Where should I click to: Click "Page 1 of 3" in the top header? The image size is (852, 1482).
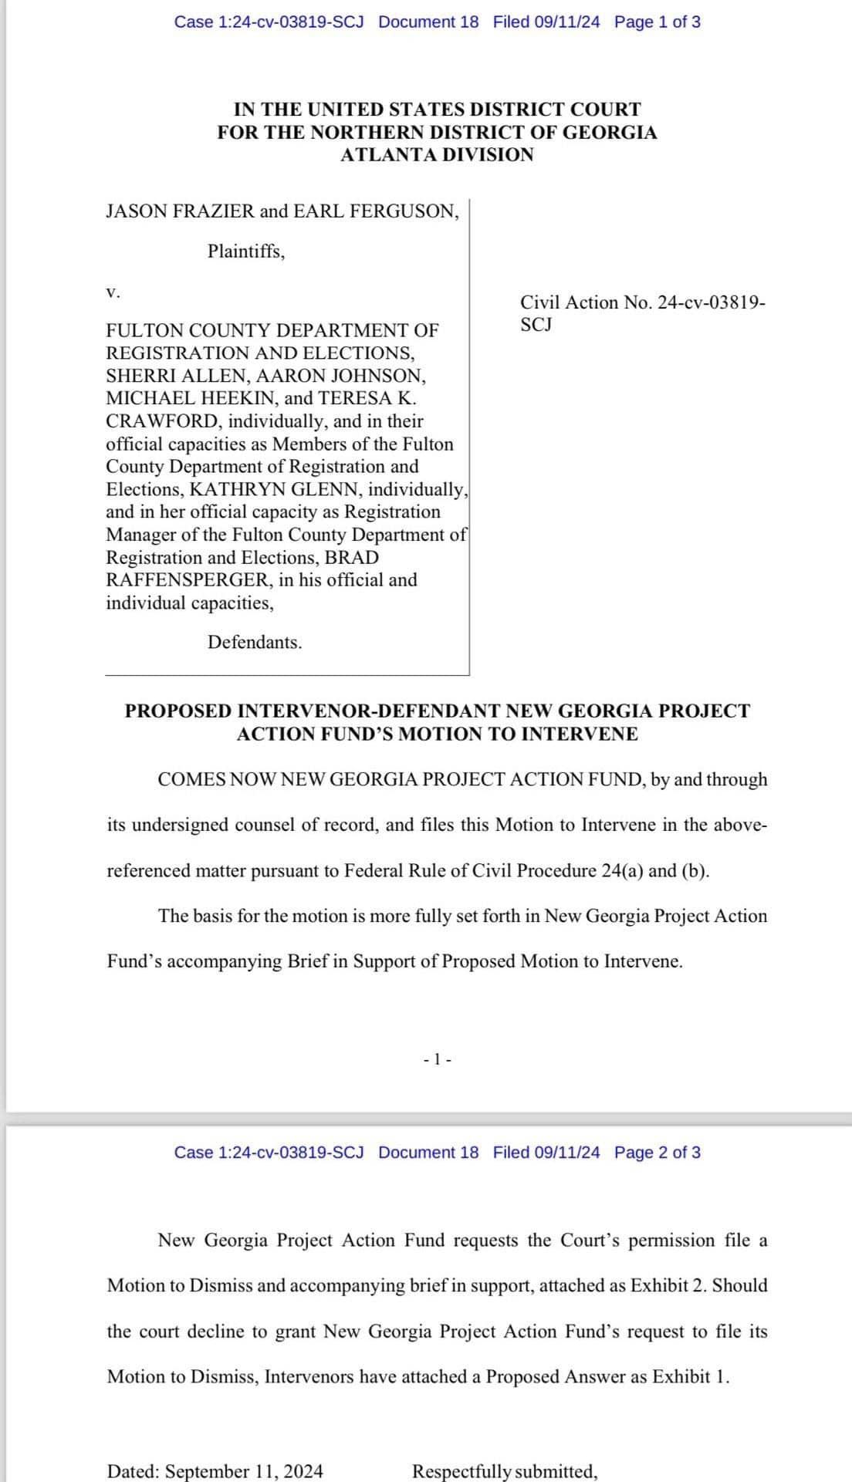[x=658, y=22]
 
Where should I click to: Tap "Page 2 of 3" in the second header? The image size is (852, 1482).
[x=658, y=1153]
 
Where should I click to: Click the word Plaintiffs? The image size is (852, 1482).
[x=246, y=252]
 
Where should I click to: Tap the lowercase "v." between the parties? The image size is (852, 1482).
[x=113, y=292]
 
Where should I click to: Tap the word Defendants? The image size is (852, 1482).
[x=255, y=643]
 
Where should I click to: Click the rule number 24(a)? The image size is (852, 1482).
[x=622, y=871]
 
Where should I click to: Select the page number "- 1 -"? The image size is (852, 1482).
[x=438, y=1060]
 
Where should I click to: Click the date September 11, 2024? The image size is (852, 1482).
[x=244, y=1471]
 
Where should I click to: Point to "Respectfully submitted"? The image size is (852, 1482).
[x=505, y=1471]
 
